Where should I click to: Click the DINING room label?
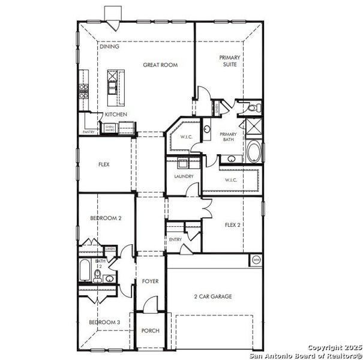(x=109, y=46)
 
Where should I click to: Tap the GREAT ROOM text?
(x=160, y=65)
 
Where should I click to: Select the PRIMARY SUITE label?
(x=229, y=61)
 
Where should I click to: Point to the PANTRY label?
(x=89, y=132)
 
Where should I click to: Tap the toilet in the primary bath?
(x=254, y=108)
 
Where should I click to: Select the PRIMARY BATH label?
(x=229, y=137)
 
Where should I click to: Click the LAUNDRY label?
(x=184, y=176)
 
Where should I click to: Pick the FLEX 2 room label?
(x=233, y=225)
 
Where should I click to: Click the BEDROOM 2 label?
(x=106, y=218)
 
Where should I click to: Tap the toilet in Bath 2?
(x=97, y=275)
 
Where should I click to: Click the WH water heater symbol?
(x=256, y=260)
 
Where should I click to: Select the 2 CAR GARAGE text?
(x=212, y=296)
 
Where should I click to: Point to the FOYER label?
(x=149, y=281)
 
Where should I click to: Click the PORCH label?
(x=149, y=331)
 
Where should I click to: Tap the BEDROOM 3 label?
(x=104, y=322)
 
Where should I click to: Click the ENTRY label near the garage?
(x=175, y=239)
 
